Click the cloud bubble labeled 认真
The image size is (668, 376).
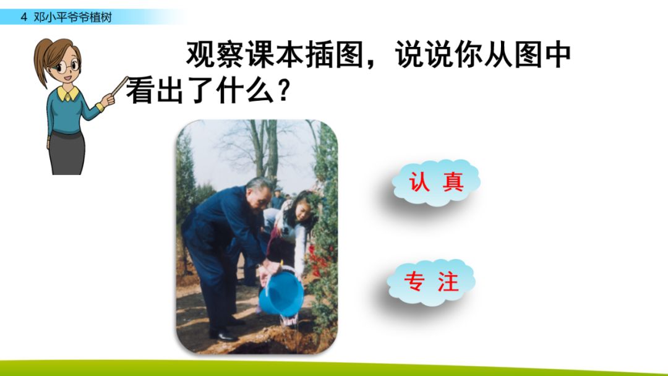pyautogui.click(x=437, y=182)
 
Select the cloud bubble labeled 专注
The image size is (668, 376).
pyautogui.click(x=432, y=282)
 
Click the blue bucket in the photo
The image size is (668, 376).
pyautogui.click(x=281, y=293)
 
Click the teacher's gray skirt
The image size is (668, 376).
pyautogui.click(x=67, y=152)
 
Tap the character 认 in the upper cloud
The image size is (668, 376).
pyautogui.click(x=419, y=182)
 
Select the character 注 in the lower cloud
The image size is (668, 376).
pyautogui.click(x=448, y=282)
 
